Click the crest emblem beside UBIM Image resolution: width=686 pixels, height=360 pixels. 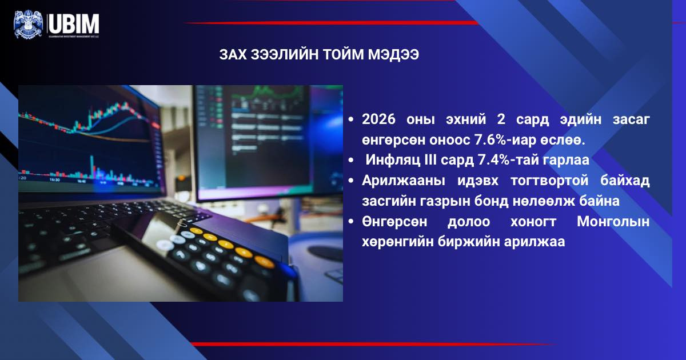28,24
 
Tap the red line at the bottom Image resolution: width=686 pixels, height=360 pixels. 372,345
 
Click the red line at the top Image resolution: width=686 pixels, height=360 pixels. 332,23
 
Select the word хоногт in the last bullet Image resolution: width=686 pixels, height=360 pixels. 531,222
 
